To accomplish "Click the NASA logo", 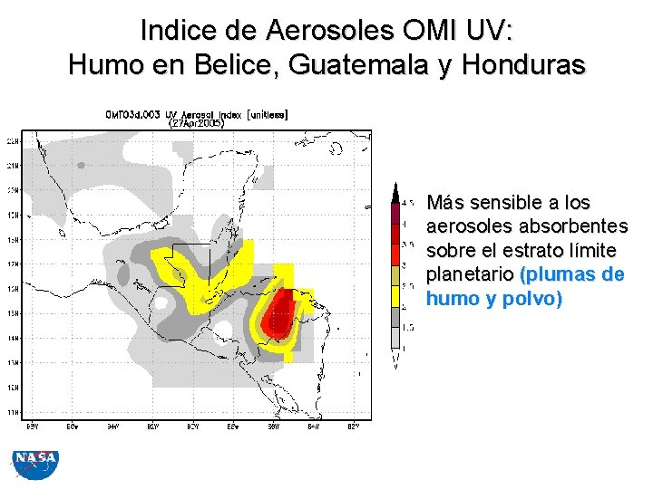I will tap(34, 465).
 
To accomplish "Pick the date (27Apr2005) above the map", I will tap(196, 124).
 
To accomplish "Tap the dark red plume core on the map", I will tap(281, 308).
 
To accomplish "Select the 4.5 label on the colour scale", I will tap(410, 202).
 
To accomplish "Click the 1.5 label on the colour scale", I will tap(410, 327).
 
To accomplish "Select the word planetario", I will tap(469, 274).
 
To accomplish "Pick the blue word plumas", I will tap(561, 274).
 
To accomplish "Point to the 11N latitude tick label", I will tap(13, 412).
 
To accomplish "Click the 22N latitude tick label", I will tap(13, 142).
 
